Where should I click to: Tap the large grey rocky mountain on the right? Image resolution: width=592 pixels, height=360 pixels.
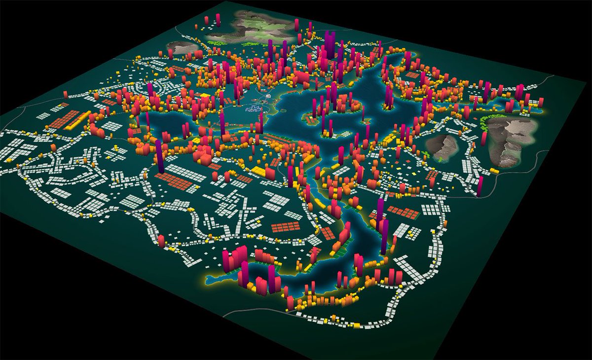511,138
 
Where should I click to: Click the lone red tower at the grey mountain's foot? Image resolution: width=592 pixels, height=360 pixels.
484,139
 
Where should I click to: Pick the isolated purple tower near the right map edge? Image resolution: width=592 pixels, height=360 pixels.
480,186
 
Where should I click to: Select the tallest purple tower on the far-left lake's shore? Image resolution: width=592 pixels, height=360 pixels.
160,155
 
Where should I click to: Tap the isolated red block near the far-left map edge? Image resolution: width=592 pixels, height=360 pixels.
65,95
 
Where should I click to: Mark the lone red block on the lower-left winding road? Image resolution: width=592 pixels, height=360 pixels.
161,241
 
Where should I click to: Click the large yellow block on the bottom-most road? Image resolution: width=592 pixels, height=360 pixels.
354,325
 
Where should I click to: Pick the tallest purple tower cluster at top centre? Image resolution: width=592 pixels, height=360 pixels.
330,47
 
